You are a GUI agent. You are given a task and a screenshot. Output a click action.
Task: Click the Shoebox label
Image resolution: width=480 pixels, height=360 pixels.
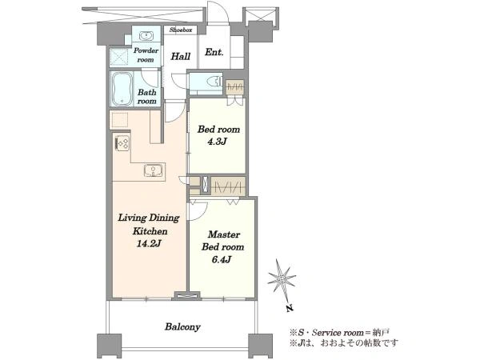181,30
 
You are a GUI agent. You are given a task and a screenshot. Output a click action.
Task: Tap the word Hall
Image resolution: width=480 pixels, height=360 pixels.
180,56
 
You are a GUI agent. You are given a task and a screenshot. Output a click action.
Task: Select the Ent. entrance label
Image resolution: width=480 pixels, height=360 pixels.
214,52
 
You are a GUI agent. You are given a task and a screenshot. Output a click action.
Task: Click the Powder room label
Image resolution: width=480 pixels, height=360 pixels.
146,54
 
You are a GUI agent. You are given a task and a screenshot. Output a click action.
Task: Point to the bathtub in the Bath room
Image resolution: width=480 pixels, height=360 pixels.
122,89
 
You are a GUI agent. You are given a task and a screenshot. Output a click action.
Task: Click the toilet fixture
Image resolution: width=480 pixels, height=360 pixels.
214,81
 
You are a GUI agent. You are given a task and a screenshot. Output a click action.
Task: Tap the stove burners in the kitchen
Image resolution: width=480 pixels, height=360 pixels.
122,143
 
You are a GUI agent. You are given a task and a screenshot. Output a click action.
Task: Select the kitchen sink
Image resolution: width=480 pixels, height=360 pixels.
153,170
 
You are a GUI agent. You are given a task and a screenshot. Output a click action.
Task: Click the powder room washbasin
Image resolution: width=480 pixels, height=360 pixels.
146,36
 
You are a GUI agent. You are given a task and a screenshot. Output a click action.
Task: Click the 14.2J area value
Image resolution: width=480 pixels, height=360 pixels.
149,244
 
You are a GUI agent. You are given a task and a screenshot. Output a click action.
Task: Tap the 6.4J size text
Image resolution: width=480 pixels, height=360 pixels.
222,259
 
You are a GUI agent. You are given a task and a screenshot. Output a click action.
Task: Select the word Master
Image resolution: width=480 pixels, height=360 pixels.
224,234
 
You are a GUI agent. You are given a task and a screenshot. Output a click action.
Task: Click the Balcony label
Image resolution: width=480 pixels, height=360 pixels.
182,327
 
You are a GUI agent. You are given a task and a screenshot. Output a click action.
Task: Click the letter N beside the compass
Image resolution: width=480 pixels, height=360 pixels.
290,308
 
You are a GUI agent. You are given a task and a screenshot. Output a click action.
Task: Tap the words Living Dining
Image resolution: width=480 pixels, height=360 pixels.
149,218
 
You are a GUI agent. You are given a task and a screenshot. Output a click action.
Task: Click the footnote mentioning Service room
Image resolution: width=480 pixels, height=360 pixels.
339,333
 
